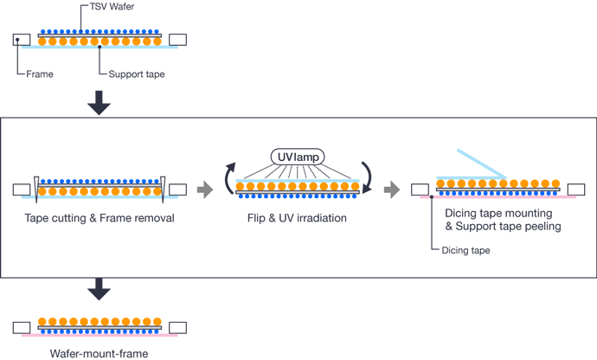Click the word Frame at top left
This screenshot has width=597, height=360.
tap(39, 74)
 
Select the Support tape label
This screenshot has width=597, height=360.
tap(137, 74)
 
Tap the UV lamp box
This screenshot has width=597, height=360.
tap(298, 157)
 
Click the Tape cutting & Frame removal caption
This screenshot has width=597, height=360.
tap(99, 218)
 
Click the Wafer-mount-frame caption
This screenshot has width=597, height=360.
tap(99, 353)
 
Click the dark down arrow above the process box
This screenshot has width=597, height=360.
tap(99, 103)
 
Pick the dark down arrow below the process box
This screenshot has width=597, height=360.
tap(99, 289)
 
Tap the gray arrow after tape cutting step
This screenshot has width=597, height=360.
tap(205, 190)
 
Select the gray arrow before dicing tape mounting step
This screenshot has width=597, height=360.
tap(393, 190)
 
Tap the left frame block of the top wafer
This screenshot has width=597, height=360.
tap(22, 39)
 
